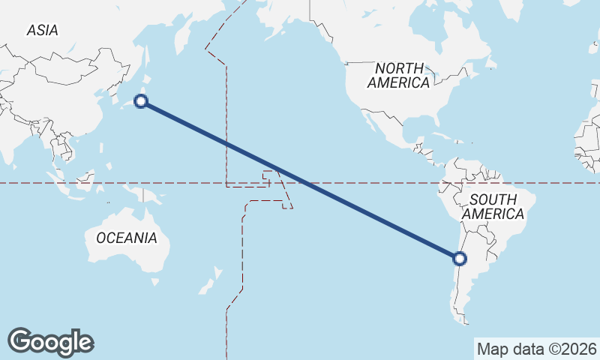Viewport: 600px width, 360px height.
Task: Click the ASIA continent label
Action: [x=42, y=31]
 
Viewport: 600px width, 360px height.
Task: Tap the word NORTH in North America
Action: [x=398, y=68]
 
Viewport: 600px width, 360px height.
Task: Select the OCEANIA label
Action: [x=127, y=238]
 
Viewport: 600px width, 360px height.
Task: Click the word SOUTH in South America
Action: [x=493, y=199]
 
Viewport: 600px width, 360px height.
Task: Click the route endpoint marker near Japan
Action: [x=140, y=101]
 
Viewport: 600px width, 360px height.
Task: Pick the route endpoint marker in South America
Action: [x=460, y=259]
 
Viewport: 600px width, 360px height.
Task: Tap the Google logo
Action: [x=50, y=342]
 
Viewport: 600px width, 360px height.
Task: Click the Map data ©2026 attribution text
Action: [x=537, y=349]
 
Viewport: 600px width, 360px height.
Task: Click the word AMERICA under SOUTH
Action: [x=493, y=214]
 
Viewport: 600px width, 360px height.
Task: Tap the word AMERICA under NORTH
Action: [x=398, y=83]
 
